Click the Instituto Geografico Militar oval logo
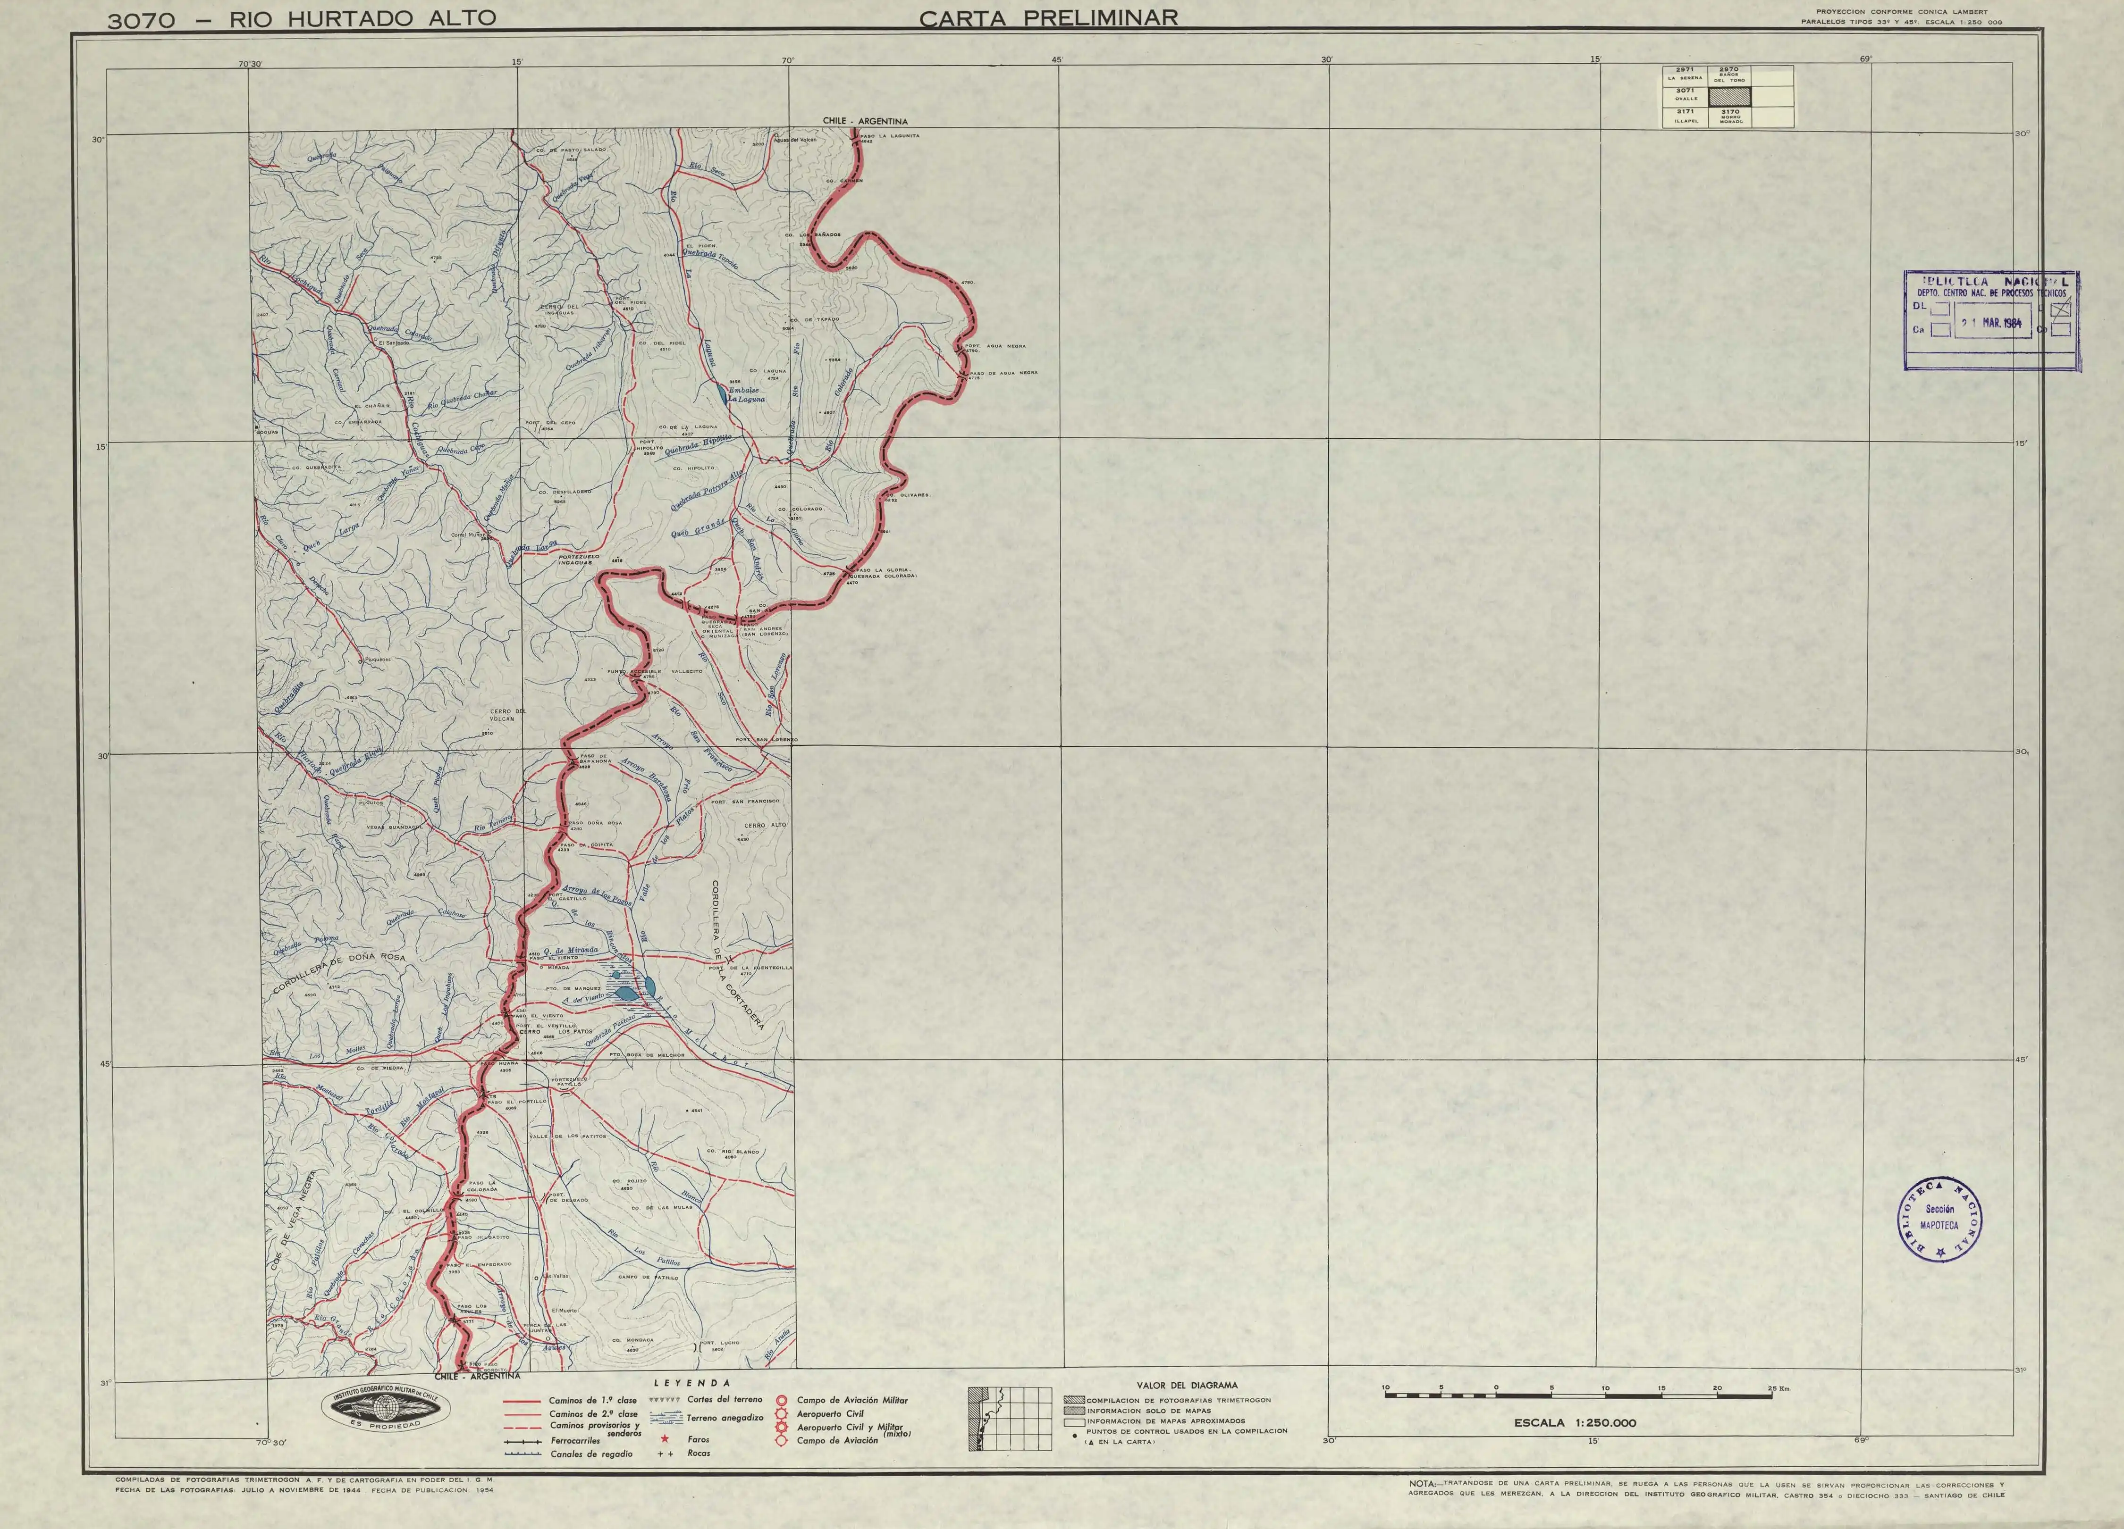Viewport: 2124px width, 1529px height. [x=386, y=1406]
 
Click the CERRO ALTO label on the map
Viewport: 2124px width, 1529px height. [x=765, y=825]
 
